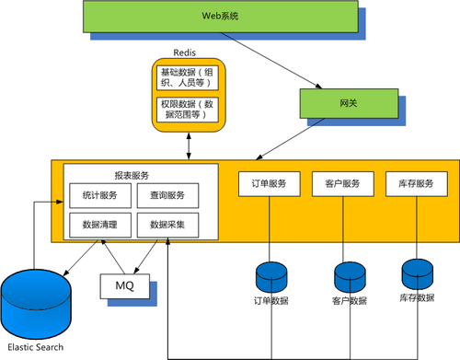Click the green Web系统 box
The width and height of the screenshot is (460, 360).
tap(221, 17)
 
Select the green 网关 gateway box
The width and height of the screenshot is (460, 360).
tap(349, 103)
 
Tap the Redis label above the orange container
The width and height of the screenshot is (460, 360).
tap(184, 52)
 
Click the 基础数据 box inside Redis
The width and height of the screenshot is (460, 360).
tap(188, 77)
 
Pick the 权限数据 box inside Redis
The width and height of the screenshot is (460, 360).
tap(188, 110)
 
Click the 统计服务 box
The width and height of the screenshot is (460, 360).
tap(100, 195)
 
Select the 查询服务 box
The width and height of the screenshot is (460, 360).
tap(167, 195)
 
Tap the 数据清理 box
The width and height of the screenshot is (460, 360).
tap(100, 225)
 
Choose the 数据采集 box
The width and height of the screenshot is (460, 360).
tap(167, 225)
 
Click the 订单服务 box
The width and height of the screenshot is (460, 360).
tap(270, 184)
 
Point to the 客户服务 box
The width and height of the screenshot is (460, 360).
tap(343, 184)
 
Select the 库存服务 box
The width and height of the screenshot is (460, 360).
tap(417, 184)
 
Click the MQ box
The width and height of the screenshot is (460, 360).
tap(125, 286)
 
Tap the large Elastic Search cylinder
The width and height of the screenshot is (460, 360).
tap(36, 304)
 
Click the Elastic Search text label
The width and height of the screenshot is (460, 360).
tap(36, 347)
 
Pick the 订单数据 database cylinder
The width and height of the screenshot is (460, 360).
tap(271, 277)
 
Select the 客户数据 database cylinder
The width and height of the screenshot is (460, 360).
tap(350, 277)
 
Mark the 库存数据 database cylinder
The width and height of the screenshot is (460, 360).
tap(418, 274)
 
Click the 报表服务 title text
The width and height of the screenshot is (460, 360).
tap(132, 176)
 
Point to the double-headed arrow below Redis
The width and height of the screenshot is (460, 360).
tap(189, 146)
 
